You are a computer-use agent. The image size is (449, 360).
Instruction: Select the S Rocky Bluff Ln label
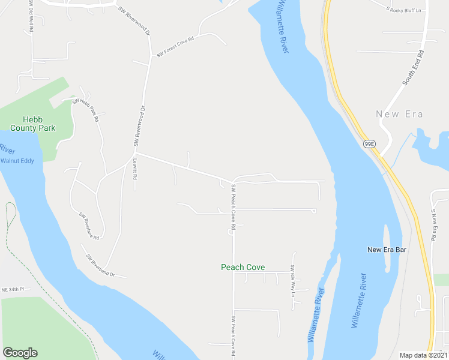click(404, 10)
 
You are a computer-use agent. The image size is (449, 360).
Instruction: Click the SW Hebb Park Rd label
click(85, 110)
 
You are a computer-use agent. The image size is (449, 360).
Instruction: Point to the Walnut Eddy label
click(17, 160)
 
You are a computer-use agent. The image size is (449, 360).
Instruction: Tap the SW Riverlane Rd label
click(89, 226)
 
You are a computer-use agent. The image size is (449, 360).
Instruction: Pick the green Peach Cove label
click(243, 268)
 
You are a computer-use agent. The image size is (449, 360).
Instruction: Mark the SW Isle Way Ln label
click(293, 281)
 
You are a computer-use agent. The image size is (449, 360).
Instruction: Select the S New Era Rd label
click(433, 225)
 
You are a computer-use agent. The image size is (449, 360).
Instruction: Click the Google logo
click(20, 353)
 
